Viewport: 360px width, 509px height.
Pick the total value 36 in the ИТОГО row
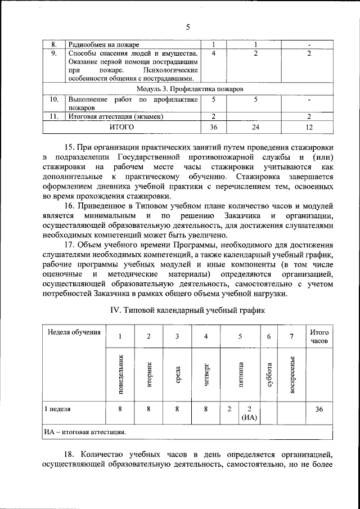pyautogui.click(x=213, y=128)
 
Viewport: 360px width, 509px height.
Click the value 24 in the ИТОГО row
pyautogui.click(x=255, y=128)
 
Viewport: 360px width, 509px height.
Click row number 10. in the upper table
pyautogui.click(x=54, y=100)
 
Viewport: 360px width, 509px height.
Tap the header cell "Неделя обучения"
pyautogui.click(x=74, y=332)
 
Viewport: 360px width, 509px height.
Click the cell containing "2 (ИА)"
pyautogui.click(x=249, y=413)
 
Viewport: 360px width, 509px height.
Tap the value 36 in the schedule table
pyautogui.click(x=319, y=409)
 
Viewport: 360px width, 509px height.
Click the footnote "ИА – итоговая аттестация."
pyautogui.click(x=85, y=433)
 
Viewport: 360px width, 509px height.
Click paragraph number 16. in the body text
pyautogui.click(x=73, y=208)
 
